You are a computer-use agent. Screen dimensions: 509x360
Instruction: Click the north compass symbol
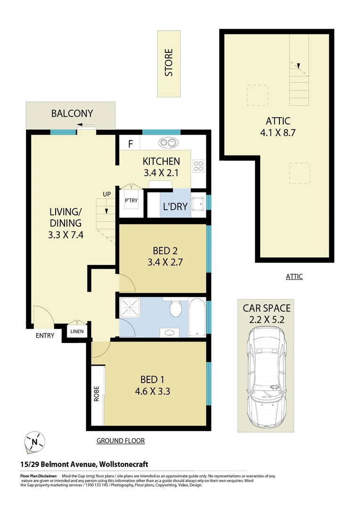click(35, 442)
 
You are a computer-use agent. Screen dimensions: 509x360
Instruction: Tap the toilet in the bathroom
click(176, 309)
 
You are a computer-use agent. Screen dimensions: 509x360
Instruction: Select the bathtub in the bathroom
click(197, 317)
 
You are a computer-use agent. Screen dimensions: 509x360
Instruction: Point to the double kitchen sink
click(167, 142)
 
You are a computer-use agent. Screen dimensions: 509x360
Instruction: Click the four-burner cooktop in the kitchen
click(198, 166)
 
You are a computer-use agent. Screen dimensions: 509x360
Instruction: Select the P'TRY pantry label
click(131, 201)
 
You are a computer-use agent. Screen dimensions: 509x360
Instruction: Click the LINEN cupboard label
click(77, 331)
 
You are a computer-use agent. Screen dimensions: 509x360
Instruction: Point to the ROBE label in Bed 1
click(97, 393)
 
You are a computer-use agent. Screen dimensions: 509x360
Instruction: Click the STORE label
click(169, 63)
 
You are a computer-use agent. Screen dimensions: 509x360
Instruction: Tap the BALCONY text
click(72, 114)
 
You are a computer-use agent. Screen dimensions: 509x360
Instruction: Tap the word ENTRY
click(45, 336)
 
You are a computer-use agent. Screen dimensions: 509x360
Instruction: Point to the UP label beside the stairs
click(107, 194)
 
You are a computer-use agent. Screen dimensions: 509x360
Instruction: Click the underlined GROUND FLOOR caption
click(120, 441)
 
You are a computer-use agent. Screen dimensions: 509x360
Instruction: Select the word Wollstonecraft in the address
click(120, 464)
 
